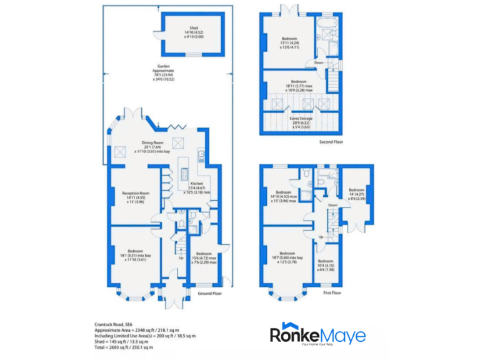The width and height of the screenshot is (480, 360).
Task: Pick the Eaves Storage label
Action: click(301, 120)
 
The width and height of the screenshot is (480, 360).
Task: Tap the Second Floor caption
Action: click(330, 142)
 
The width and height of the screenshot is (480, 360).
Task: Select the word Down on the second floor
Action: click(319, 63)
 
